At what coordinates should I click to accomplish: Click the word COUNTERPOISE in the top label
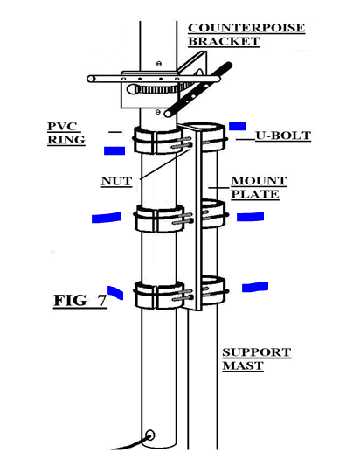point(246,28)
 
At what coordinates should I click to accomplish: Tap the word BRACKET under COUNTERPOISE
point(224,41)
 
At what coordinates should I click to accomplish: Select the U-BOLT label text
point(283,136)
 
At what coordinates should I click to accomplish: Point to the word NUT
point(116,181)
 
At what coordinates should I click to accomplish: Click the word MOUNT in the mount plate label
point(259,181)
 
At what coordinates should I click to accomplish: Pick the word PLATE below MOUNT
point(255,194)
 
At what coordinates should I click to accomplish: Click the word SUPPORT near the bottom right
point(257,352)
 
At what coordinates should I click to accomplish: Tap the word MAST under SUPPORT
point(243,365)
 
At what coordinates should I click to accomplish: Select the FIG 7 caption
point(80,301)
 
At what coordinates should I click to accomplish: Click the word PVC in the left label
point(62,126)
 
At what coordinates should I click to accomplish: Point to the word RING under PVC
point(66,140)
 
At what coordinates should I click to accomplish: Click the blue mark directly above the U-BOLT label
point(238,126)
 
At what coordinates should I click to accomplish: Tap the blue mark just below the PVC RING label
point(114,150)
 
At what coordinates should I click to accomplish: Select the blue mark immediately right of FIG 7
point(115,293)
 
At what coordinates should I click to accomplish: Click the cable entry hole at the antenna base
point(150,435)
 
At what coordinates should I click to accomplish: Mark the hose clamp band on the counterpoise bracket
point(156,89)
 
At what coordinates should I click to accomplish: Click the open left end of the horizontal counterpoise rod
point(91,79)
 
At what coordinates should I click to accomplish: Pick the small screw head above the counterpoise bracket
point(159,63)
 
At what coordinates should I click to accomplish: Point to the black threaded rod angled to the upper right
point(198,89)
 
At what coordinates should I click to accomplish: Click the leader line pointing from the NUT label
point(165,163)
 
